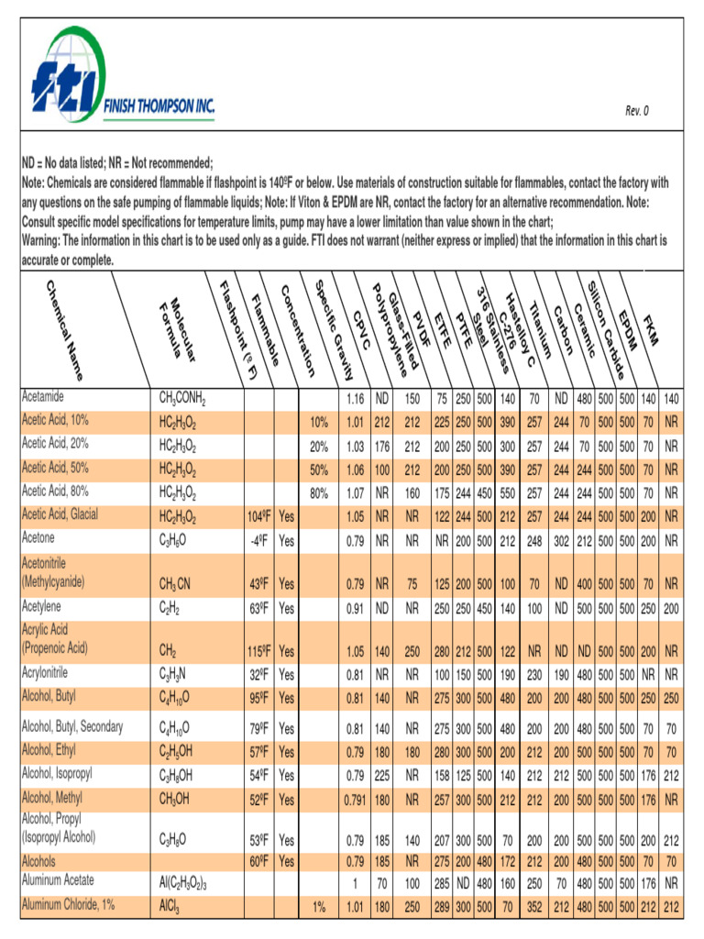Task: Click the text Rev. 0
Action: click(x=637, y=111)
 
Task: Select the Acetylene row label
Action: click(x=47, y=607)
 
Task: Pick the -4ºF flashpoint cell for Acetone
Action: click(x=257, y=540)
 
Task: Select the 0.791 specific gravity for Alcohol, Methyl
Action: click(x=354, y=799)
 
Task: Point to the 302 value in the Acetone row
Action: click(x=561, y=540)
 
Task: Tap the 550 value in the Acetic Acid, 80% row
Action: click(x=503, y=492)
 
